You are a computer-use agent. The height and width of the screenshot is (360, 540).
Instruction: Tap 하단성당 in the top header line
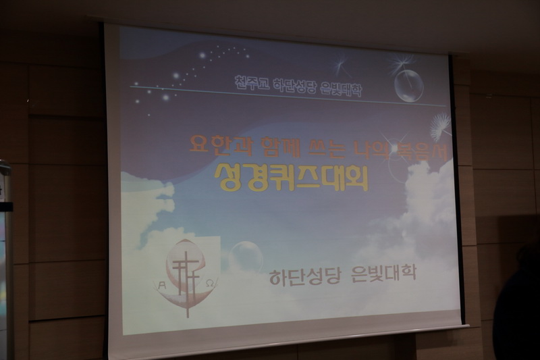[x=291, y=85]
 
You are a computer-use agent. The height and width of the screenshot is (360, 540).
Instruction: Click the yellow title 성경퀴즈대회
[x=291, y=176]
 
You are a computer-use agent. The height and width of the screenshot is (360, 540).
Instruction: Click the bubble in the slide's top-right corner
[x=408, y=86]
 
